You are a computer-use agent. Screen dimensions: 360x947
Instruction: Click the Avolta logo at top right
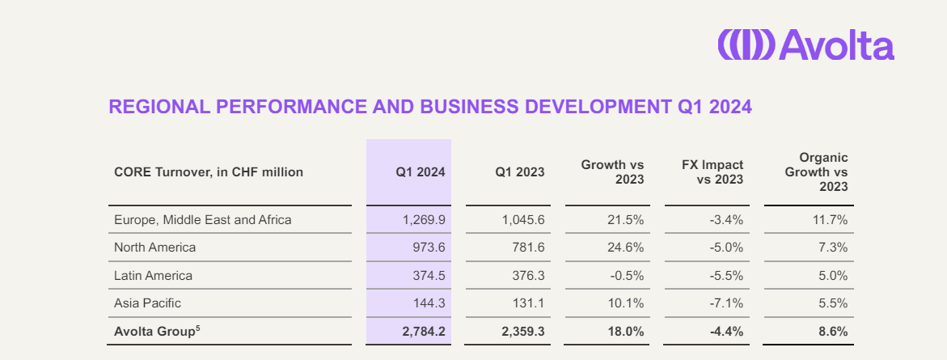(x=805, y=45)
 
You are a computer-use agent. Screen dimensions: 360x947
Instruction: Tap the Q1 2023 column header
(x=520, y=172)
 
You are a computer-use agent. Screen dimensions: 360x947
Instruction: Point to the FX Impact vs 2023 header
(x=712, y=172)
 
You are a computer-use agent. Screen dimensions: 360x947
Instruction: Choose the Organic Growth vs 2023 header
(x=817, y=172)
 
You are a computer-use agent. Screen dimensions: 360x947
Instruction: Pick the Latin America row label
(x=154, y=276)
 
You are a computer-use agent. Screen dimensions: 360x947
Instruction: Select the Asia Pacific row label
(x=148, y=303)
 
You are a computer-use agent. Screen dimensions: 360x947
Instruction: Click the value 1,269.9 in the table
(x=424, y=219)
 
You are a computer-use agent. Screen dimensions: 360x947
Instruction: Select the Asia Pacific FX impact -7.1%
(x=726, y=303)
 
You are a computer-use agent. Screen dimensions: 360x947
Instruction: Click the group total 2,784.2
(x=423, y=332)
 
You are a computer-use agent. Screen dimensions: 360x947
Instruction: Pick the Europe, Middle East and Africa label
(x=203, y=219)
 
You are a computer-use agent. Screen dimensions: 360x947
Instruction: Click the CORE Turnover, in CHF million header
(x=209, y=172)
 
